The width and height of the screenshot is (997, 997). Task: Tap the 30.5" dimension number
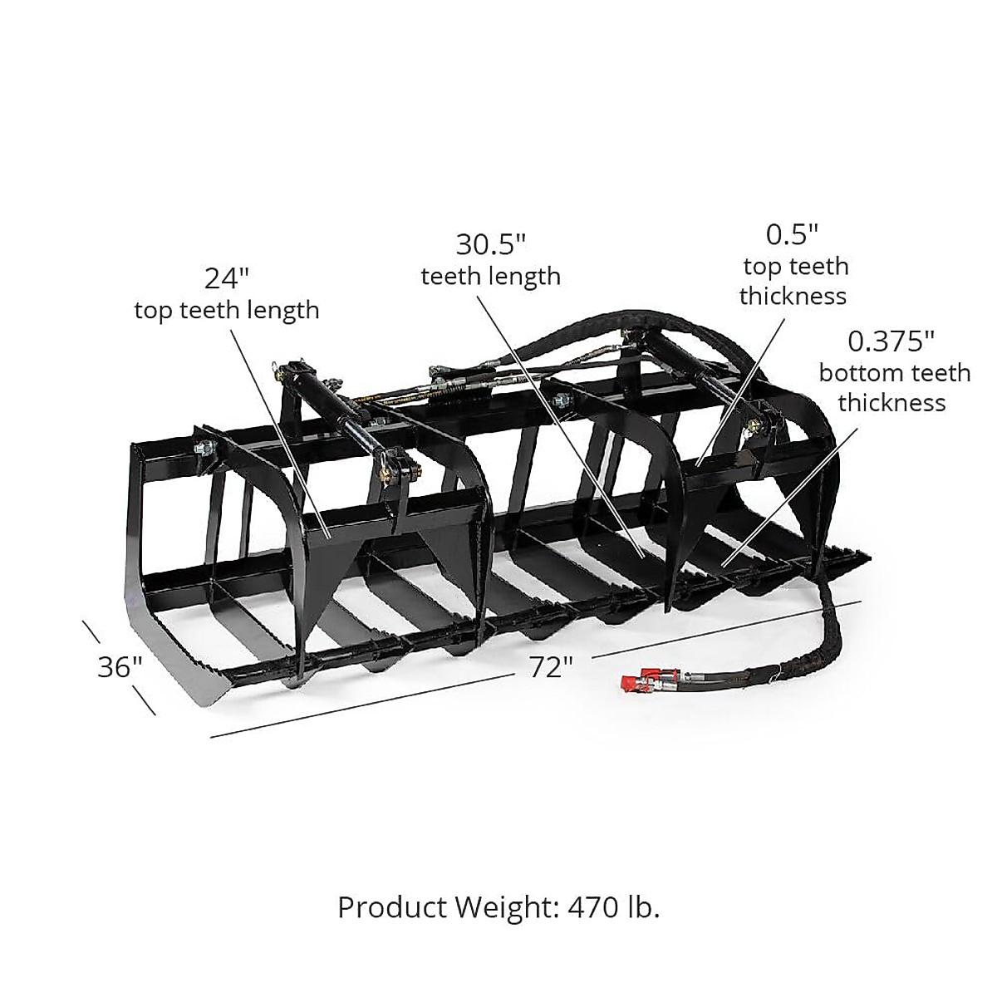tap(490, 244)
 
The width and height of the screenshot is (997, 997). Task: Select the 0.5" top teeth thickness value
tap(793, 235)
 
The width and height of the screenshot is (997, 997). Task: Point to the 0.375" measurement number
tap(891, 341)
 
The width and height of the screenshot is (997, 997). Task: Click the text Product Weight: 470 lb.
tap(498, 907)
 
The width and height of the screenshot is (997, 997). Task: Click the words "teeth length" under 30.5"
tap(490, 276)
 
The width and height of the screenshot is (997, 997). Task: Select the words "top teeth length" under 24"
tap(226, 310)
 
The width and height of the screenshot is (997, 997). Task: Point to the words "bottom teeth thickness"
tap(893, 388)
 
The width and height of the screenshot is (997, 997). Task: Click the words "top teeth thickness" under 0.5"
tap(793, 281)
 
